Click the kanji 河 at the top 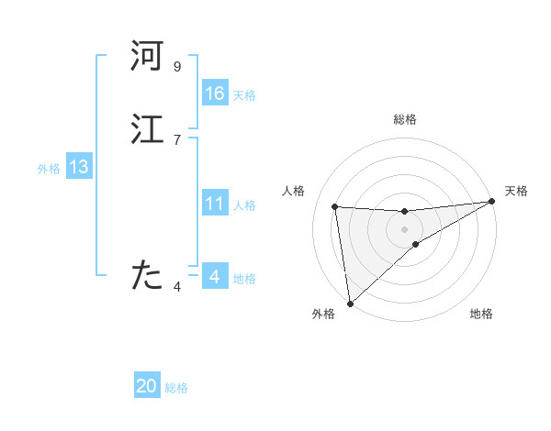tap(147, 57)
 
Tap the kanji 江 tap(147, 130)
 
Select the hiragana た tap(147, 274)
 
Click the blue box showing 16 tap(215, 94)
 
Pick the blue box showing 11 tap(215, 204)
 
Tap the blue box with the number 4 tap(215, 277)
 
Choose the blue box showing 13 tap(79, 167)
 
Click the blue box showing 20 tap(147, 386)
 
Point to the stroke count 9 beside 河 tap(176, 67)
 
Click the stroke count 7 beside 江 tap(176, 139)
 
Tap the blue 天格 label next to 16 tap(244, 95)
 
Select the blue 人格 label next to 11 tap(244, 205)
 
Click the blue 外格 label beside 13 tap(49, 169)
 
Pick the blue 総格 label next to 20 tap(176, 388)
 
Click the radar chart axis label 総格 tap(405, 119)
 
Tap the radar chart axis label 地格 tap(481, 315)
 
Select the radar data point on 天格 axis tap(491, 202)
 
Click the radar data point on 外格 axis tap(349, 303)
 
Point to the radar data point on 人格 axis tap(335, 206)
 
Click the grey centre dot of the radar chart tap(404, 228)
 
